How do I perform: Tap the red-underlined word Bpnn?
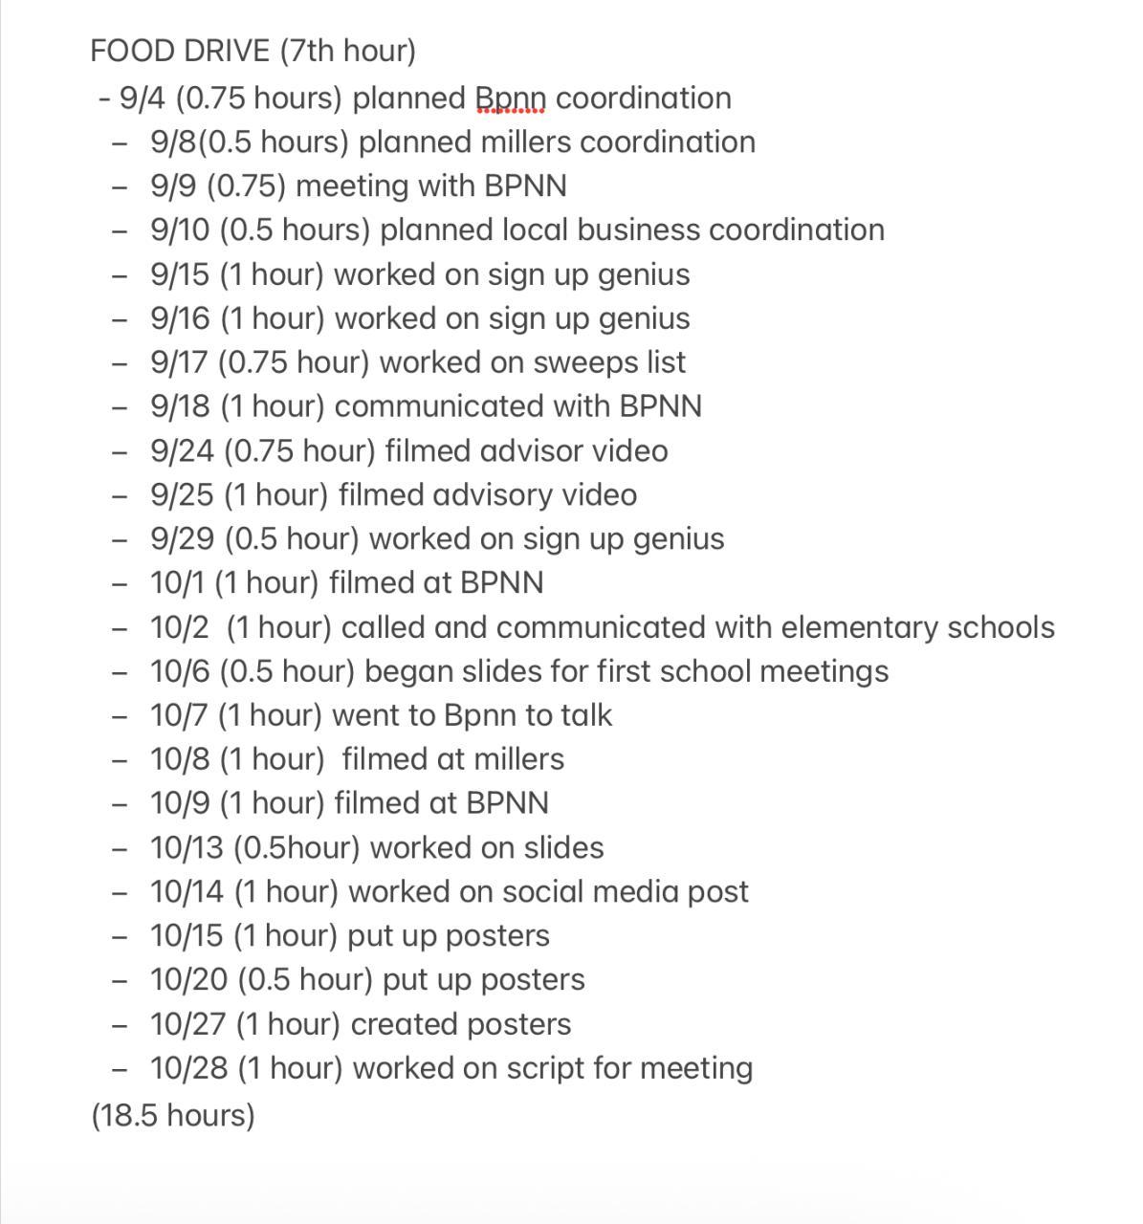pos(510,98)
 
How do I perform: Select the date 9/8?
pos(173,142)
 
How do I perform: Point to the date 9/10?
pos(180,230)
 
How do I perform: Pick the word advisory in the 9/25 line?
pos(492,495)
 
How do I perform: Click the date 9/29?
pos(183,539)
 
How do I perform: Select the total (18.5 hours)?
pos(173,1115)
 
